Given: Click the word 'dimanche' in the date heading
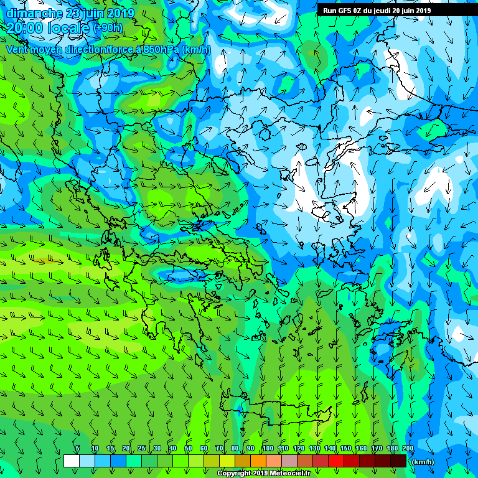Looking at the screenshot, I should point(34,13).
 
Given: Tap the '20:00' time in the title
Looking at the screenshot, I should point(23,27).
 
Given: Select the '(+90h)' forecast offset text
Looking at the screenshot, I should point(108,27).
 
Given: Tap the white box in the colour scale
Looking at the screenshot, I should point(72,461).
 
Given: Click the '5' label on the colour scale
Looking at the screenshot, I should point(77,449).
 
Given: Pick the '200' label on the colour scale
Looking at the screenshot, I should point(408,449).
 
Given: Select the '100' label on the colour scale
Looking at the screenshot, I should point(268,449).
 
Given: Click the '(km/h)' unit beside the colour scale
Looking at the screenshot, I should point(423,462).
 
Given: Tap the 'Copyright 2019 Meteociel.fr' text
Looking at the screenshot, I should point(264,474).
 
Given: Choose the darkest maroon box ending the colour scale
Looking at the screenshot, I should point(398,461).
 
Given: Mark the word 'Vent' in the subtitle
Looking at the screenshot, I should point(17,49).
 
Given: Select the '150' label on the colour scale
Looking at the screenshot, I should point(345,449).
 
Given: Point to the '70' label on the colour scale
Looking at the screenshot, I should point(219,449).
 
